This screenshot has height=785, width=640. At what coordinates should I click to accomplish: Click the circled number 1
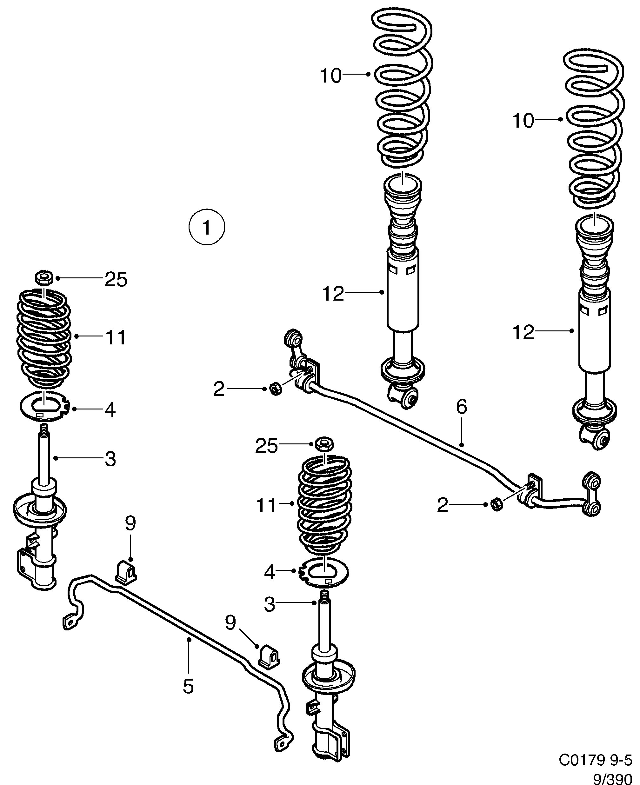tap(206, 227)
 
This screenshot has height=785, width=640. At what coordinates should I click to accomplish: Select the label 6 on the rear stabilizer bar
tap(461, 407)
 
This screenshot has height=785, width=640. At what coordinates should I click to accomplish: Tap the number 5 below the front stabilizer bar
tap(188, 687)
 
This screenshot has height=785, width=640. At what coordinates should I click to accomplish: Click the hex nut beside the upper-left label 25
tap(44, 277)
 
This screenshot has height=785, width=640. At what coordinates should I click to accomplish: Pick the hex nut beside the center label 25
tap(325, 443)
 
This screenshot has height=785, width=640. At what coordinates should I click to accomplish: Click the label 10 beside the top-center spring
tap(331, 76)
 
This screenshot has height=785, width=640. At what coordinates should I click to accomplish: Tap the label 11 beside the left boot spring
tap(116, 337)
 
